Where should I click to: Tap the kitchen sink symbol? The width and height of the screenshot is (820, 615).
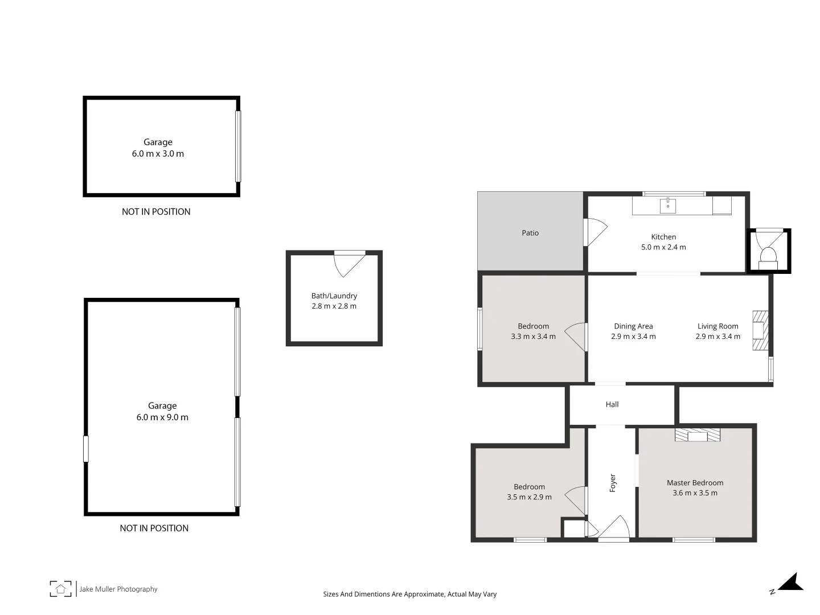[667, 206]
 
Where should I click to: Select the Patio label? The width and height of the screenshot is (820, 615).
[530, 233]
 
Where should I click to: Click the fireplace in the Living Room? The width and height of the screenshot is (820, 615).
[760, 330]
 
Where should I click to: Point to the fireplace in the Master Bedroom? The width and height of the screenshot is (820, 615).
[698, 435]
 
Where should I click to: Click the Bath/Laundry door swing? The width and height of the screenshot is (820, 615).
[347, 263]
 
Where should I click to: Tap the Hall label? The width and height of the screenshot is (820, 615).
[612, 404]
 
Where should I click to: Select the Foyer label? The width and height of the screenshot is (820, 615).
[613, 483]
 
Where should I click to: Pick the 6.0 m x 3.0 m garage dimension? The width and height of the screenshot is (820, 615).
[158, 154]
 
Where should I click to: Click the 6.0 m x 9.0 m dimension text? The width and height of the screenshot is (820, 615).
[162, 417]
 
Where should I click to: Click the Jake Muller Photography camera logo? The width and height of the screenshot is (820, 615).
[61, 589]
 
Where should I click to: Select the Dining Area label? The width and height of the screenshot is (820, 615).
[633, 326]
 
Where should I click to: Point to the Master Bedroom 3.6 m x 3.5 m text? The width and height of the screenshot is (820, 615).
[695, 493]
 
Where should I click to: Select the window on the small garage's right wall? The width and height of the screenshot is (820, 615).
[238, 146]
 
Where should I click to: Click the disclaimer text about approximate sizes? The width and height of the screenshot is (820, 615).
[410, 594]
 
